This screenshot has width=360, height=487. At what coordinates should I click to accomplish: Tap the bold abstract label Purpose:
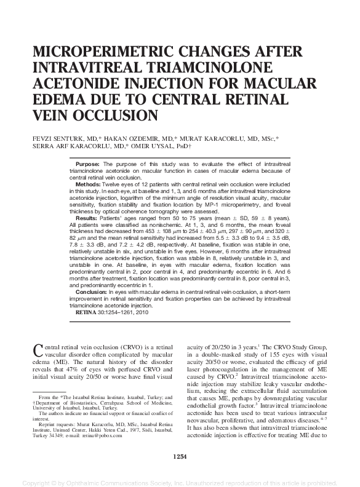pyautogui.click(x=88, y=165)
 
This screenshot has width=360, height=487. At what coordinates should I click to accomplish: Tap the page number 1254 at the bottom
pyautogui.click(x=180, y=456)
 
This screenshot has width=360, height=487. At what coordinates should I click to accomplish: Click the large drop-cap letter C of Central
pyautogui.click(x=36, y=352)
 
